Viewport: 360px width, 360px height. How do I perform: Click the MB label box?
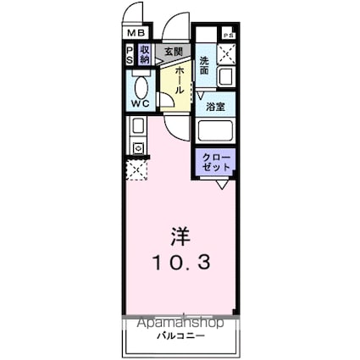coord(135,33)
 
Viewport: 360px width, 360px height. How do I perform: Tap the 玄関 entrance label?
coord(174,53)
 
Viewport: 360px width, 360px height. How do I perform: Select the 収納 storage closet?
coord(145,55)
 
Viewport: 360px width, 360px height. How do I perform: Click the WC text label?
coord(141,105)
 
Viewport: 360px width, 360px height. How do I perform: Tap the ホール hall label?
coord(181,80)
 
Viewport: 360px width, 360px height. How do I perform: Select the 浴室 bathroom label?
coord(215,107)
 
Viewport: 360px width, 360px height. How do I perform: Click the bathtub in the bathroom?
coord(216,132)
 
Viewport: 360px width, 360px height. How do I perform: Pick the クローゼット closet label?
coord(215,163)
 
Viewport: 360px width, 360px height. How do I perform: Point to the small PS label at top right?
coord(228,35)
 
